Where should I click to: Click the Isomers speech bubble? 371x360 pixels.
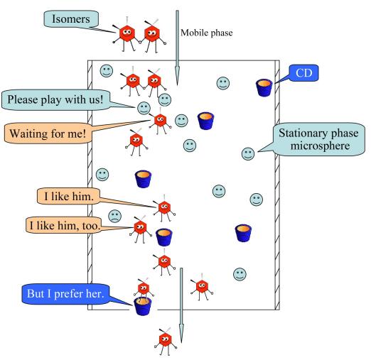(71, 19)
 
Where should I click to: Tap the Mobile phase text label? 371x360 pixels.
(207, 33)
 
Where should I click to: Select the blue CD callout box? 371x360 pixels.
(303, 73)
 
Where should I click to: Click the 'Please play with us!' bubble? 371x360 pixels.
(56, 99)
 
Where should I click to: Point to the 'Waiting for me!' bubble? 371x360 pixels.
(48, 133)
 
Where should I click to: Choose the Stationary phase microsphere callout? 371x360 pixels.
(319, 139)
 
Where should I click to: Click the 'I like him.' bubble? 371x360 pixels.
(69, 196)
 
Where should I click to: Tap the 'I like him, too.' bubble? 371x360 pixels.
(63, 225)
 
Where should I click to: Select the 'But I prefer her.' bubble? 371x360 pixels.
(65, 294)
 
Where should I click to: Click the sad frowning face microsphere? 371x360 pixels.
(115, 216)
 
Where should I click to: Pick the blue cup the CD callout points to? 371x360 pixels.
(264, 87)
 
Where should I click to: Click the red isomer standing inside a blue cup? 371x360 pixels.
(144, 289)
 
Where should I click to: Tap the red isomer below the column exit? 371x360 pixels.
(166, 341)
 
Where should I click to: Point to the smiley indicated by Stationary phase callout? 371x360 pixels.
(248, 154)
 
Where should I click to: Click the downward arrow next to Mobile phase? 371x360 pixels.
(177, 48)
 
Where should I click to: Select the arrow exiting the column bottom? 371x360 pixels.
(181, 305)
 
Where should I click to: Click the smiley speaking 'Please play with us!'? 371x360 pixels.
(144, 108)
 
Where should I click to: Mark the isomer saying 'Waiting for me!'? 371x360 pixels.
(160, 120)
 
